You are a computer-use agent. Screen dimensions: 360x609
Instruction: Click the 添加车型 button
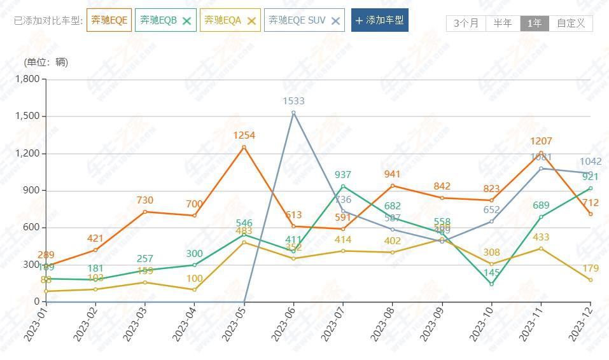[379, 20]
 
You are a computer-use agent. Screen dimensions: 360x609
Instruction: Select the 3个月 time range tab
[466, 24]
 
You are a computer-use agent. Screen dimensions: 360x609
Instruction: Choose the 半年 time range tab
[502, 24]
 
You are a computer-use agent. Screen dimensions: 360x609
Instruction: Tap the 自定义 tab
[570, 24]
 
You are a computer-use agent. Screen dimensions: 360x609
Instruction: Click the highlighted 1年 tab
[535, 24]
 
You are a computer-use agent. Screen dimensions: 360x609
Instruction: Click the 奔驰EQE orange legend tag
[109, 20]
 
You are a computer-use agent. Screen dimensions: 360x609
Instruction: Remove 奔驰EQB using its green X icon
[186, 20]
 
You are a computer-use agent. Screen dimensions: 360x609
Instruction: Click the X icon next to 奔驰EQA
[251, 20]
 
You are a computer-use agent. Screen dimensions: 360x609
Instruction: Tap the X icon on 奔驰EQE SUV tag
[336, 20]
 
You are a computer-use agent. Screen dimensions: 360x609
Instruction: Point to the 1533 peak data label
[293, 101]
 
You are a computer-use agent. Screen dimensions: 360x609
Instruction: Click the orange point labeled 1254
[244, 147]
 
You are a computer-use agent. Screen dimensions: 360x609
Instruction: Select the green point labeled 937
[343, 186]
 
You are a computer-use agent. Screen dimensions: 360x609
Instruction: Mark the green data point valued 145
[491, 284]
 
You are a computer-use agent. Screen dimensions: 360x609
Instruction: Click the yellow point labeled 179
[591, 280]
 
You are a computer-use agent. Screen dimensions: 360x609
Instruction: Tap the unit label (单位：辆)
[46, 62]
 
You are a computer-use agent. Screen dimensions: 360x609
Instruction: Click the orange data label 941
[393, 174]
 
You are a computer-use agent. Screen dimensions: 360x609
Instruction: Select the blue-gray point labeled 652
[491, 221]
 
